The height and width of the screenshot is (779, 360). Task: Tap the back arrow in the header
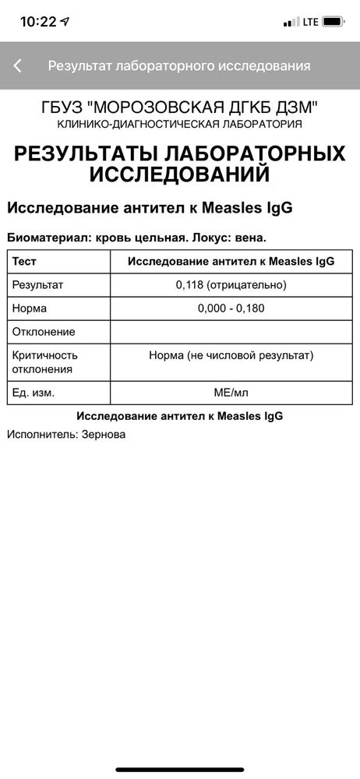click(x=18, y=66)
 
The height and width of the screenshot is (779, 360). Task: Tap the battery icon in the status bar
click(x=335, y=22)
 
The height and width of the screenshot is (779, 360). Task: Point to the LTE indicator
click(x=309, y=22)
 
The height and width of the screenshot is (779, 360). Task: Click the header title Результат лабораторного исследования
click(x=179, y=66)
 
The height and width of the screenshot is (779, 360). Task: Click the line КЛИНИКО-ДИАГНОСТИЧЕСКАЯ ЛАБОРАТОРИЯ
click(x=179, y=125)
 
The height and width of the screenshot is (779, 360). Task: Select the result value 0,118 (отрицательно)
click(x=231, y=285)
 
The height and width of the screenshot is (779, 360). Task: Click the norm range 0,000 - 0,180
click(x=231, y=308)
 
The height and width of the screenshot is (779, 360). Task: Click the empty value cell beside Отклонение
click(x=231, y=332)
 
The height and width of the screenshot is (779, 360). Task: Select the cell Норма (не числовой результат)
click(x=231, y=356)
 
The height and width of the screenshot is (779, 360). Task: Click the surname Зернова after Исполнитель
click(x=104, y=434)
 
